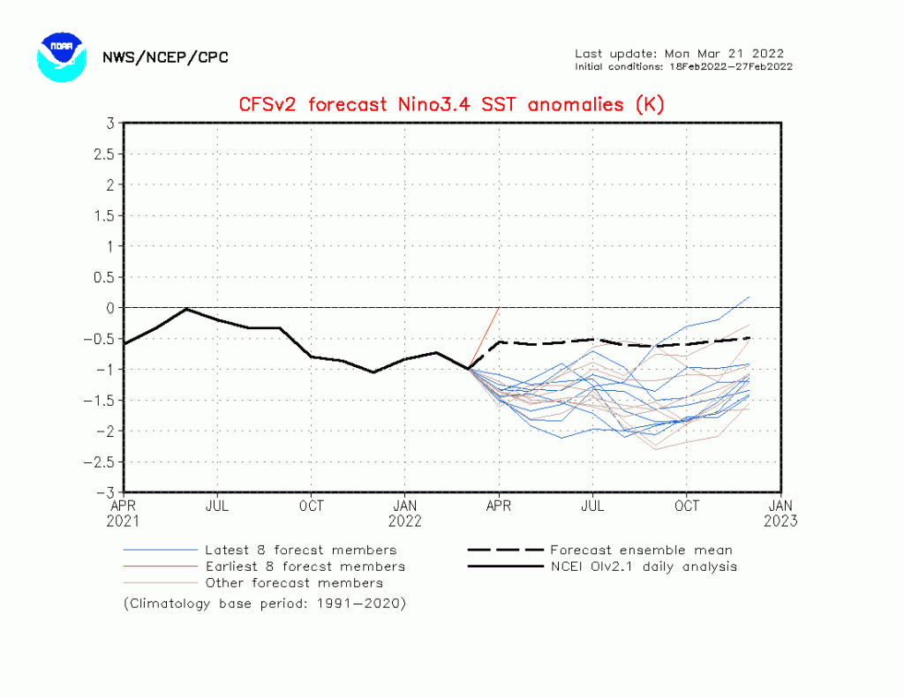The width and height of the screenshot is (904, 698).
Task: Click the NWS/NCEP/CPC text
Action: [x=165, y=57]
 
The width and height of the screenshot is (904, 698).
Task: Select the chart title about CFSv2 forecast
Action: [x=451, y=104]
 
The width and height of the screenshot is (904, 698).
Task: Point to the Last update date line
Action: [x=679, y=53]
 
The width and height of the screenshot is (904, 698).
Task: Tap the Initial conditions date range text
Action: [x=683, y=66]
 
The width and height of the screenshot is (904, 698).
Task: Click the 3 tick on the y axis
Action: [x=110, y=123]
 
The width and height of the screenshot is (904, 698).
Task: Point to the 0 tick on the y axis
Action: [x=110, y=307]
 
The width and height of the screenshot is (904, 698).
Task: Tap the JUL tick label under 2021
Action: [x=217, y=506]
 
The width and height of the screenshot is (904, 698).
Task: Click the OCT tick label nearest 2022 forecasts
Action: [x=687, y=506]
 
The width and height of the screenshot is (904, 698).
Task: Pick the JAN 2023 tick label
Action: [x=780, y=513]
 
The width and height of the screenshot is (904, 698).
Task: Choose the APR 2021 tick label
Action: [x=124, y=513]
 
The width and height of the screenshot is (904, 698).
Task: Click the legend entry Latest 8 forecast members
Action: [x=300, y=550]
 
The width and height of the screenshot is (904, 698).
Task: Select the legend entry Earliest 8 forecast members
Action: [x=305, y=567]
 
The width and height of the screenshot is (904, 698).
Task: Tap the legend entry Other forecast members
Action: [x=294, y=583]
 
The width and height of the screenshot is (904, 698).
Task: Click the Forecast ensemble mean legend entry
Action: [x=640, y=550]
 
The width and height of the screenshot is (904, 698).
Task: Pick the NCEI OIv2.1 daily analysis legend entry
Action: [x=643, y=567]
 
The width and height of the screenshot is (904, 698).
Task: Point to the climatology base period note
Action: [x=264, y=604]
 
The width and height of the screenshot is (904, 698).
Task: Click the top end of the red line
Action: [x=500, y=307]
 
